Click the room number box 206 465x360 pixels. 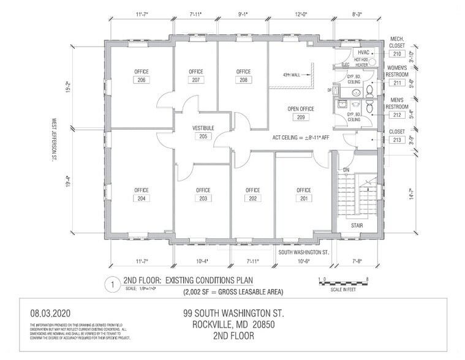pyautogui.click(x=142, y=80)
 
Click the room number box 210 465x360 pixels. pyautogui.click(x=397, y=53)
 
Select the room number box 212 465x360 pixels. pyautogui.click(x=397, y=114)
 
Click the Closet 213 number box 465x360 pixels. pyautogui.click(x=397, y=140)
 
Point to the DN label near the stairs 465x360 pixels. pyautogui.click(x=345, y=170)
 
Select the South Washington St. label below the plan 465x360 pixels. pyautogui.click(x=304, y=252)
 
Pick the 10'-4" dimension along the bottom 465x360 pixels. pyautogui.click(x=202, y=261)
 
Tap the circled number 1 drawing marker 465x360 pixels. pyautogui.click(x=112, y=283)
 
